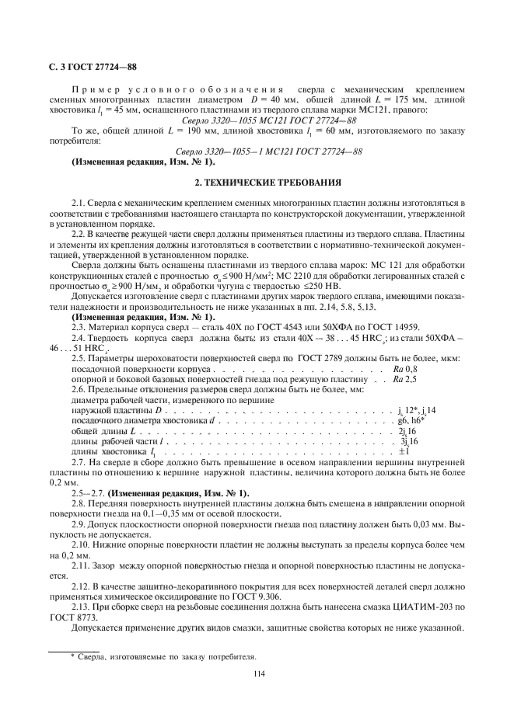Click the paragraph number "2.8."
(79, 503)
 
